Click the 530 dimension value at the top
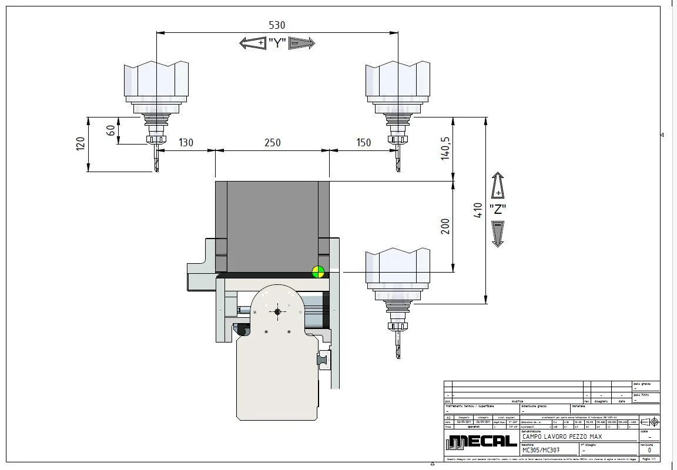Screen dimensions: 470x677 (x=276, y=25)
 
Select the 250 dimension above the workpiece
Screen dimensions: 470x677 (x=272, y=143)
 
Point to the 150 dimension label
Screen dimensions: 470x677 (x=363, y=143)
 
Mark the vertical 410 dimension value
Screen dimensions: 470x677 (x=478, y=210)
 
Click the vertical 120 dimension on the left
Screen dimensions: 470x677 (x=81, y=144)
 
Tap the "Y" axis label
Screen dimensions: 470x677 (x=277, y=43)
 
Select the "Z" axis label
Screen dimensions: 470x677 (x=498, y=209)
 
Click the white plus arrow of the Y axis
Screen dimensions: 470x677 (x=253, y=43)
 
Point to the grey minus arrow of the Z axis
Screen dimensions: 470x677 (x=498, y=233)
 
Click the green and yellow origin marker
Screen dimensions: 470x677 (x=318, y=271)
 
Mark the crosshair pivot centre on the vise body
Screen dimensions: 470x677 (x=277, y=311)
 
